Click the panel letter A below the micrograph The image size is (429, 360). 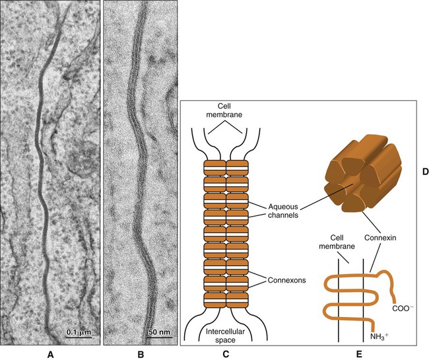pyautogui.click(x=51, y=353)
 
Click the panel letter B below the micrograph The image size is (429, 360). pyautogui.click(x=141, y=353)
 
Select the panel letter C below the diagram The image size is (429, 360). pyautogui.click(x=225, y=353)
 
